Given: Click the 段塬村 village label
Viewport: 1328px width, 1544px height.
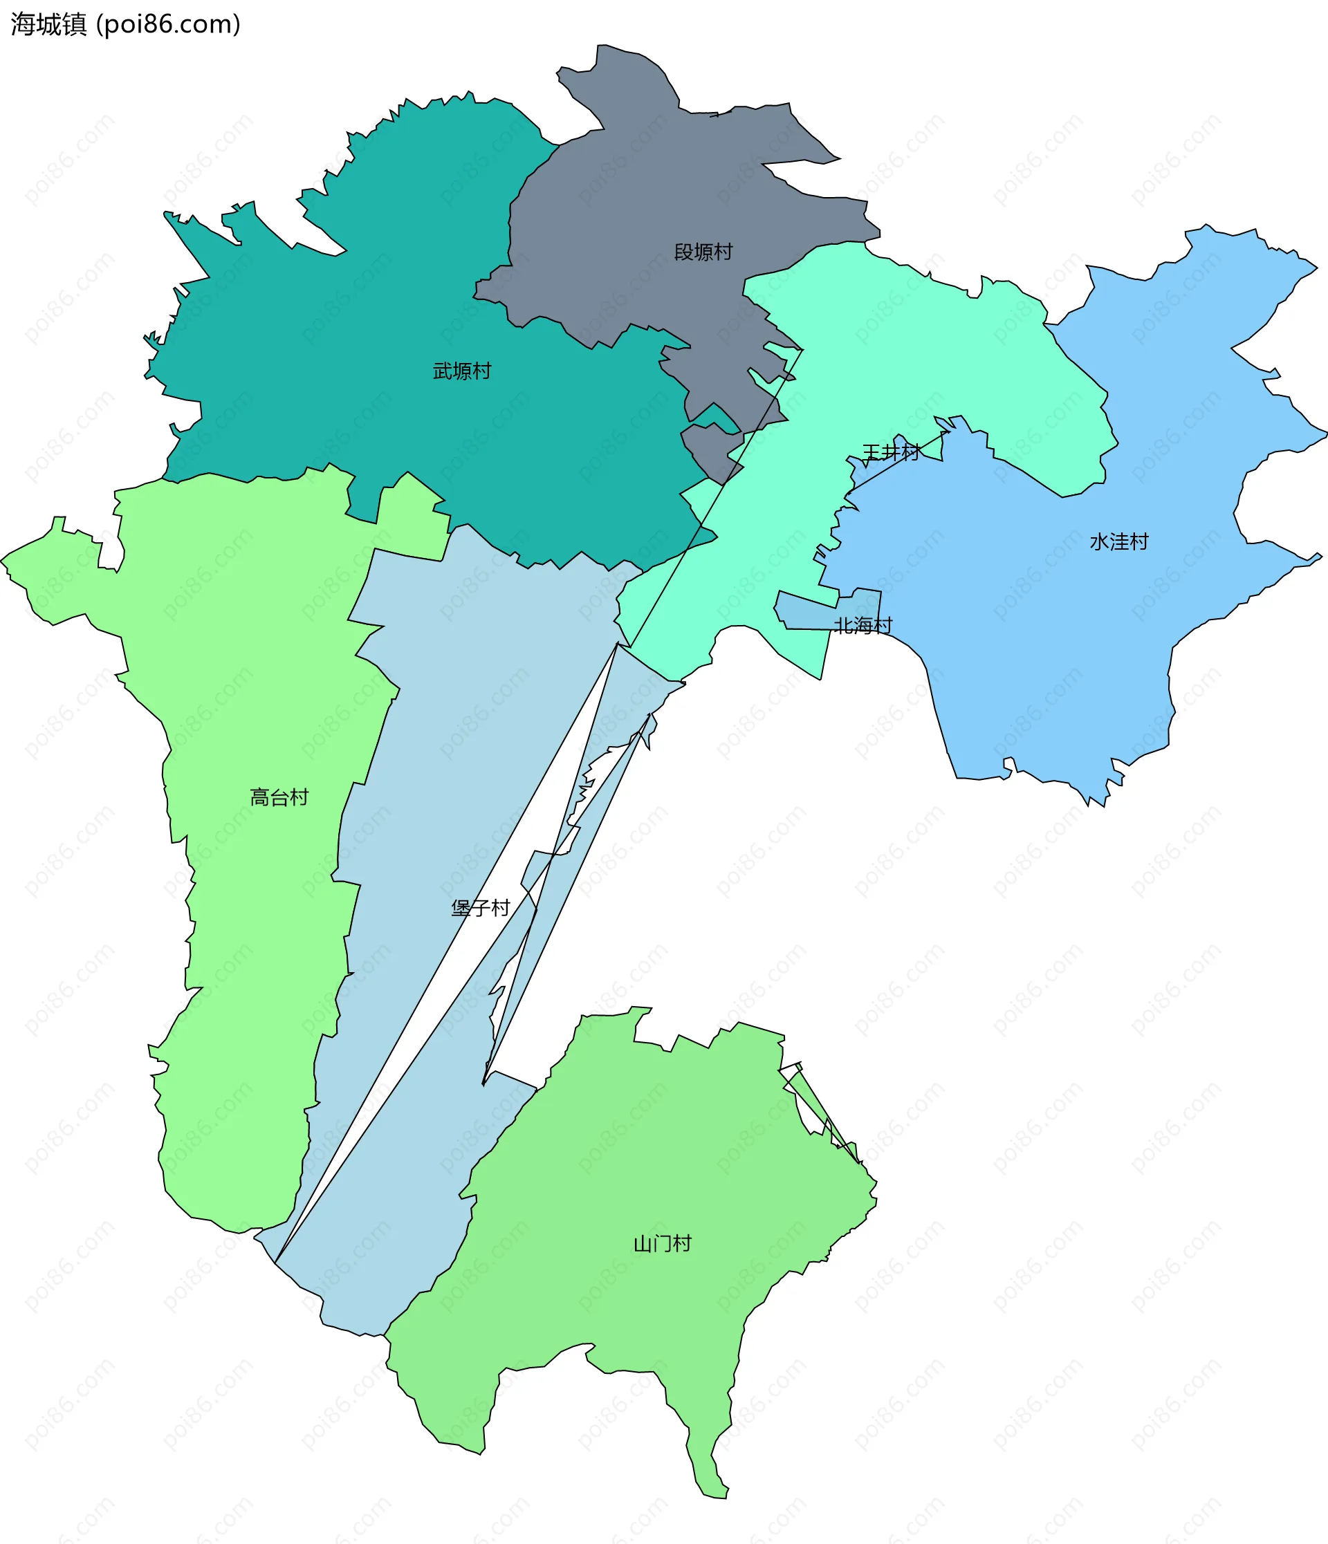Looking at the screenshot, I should click(703, 252).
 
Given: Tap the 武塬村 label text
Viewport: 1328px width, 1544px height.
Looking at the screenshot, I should click(462, 371).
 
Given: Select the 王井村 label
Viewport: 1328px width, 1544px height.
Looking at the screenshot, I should click(891, 452).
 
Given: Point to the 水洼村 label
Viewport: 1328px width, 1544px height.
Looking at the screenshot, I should click(1118, 541).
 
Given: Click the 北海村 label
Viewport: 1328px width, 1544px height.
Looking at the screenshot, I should click(863, 625).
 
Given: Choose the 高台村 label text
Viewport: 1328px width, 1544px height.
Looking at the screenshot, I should click(279, 797).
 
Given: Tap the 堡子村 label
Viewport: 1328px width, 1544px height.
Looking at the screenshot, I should click(480, 908).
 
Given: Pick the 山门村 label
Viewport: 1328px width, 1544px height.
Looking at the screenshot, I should click(662, 1243).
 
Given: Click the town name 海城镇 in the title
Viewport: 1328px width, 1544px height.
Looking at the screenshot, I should click(49, 25).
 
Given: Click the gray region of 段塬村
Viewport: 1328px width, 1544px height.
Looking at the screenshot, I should click(656, 194).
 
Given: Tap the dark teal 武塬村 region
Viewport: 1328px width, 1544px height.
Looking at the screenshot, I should click(373, 298).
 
